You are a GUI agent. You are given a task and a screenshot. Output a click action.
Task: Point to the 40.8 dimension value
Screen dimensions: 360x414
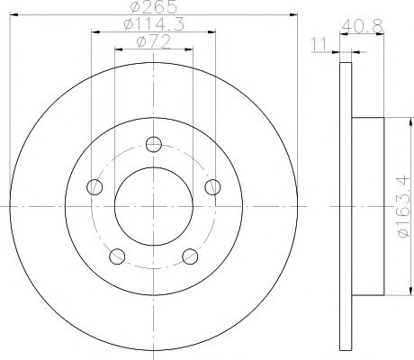(x=362, y=26)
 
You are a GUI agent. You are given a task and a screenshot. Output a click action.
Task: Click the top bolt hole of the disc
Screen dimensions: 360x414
(x=154, y=142)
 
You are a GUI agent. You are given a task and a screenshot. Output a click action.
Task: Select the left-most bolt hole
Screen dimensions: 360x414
(x=94, y=187)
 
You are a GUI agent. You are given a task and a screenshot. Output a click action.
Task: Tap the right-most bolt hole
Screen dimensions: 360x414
(x=213, y=187)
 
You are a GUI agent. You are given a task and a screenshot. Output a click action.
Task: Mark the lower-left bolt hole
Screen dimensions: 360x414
(x=117, y=257)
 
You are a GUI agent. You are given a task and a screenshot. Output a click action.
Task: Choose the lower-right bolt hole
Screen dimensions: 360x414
(x=190, y=257)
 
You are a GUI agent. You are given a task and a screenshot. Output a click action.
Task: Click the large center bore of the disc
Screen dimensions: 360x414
(x=153, y=207)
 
